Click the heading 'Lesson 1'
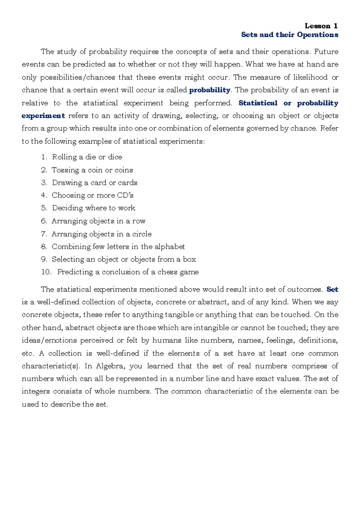coord(321,26)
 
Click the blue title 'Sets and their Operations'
coord(289,35)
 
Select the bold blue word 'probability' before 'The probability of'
coord(210,90)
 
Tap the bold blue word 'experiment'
coord(43,116)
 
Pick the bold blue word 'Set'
coord(332,289)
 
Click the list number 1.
coord(44,157)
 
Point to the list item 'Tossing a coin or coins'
coord(92,170)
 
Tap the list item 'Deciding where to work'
coord(94,208)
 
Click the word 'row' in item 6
coord(139,221)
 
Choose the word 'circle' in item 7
coord(142,234)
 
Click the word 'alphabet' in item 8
coord(169,247)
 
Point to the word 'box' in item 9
coord(189,259)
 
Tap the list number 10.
coord(46,272)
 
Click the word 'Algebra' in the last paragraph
coord(109,366)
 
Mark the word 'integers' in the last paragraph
coord(36,391)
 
